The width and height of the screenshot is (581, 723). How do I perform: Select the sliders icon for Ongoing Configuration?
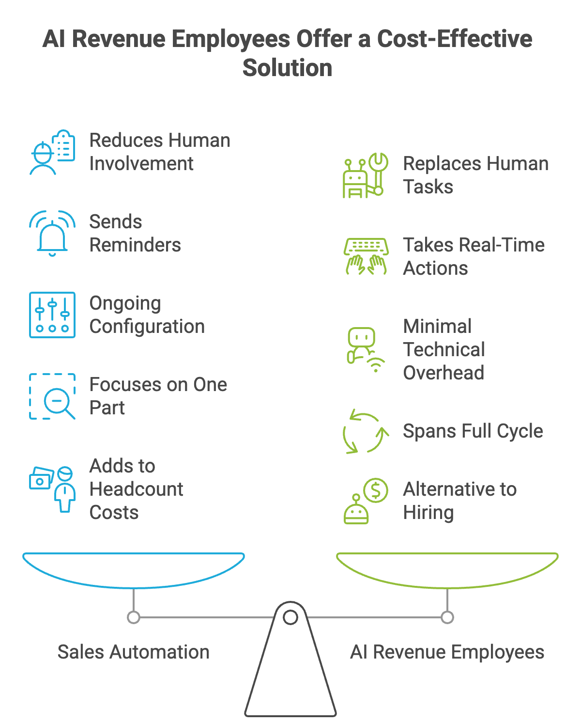[52, 314]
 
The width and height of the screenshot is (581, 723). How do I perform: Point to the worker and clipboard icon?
[52, 152]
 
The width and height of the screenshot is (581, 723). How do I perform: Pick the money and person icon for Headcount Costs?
[52, 488]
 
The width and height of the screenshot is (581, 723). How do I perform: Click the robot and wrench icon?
[366, 175]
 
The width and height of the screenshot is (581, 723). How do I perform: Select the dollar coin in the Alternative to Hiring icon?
[376, 490]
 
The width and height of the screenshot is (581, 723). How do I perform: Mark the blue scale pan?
[134, 570]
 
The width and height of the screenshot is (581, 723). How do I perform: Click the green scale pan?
[447, 570]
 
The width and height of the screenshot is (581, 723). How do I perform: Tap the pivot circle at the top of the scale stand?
[290, 617]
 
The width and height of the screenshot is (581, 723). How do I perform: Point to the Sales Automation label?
[134, 652]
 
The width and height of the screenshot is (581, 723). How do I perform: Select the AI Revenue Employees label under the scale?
[447, 652]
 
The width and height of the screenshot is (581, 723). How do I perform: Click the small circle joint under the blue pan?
[134, 617]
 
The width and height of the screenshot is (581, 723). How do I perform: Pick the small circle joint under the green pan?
[447, 617]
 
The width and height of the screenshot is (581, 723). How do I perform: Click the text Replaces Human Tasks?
[475, 175]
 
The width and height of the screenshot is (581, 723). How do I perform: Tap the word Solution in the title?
[288, 68]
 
